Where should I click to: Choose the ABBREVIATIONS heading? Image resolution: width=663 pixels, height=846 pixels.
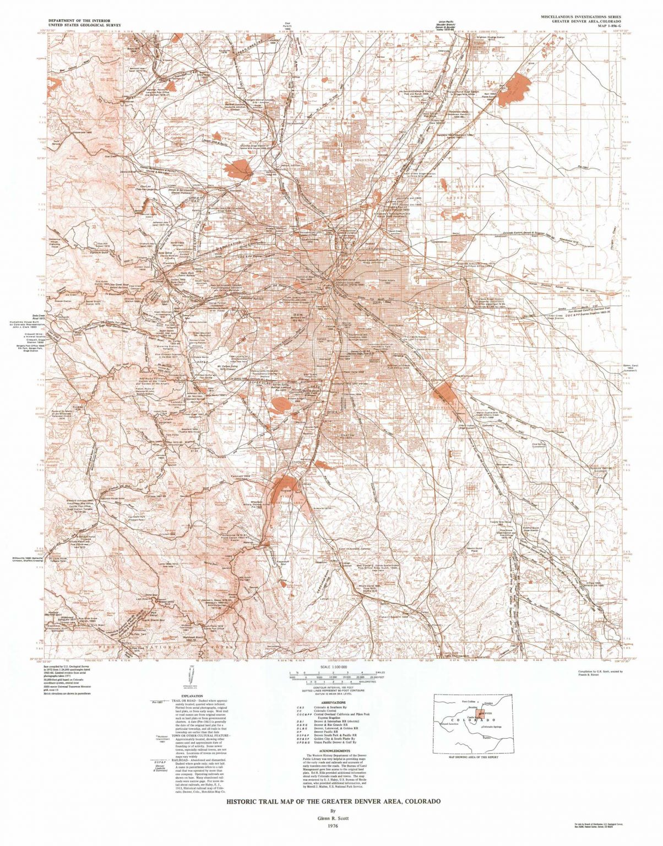click(331, 702)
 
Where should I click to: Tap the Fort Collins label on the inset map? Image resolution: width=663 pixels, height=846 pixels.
click(469, 702)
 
